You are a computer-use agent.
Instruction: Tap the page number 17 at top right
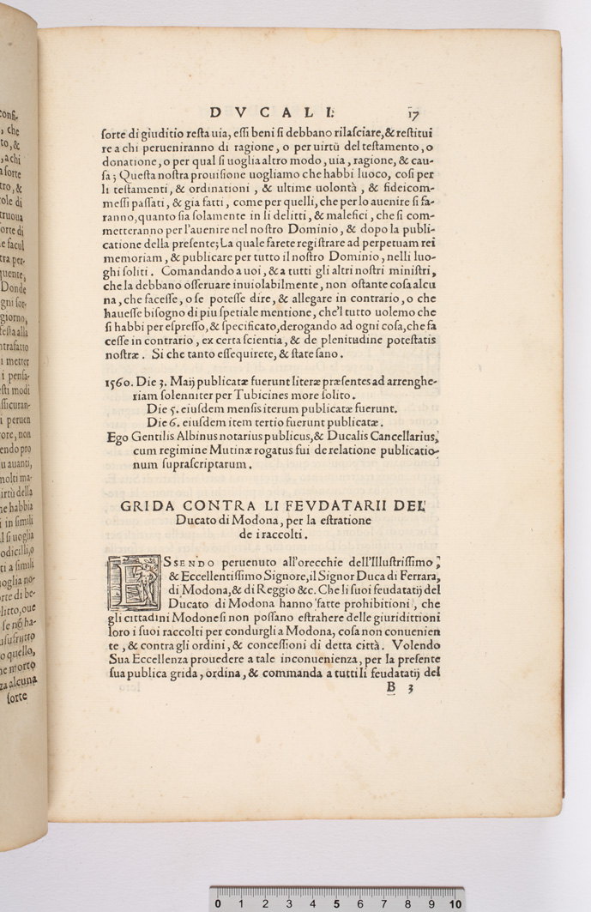(413, 112)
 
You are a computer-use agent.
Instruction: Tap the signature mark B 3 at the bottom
(401, 687)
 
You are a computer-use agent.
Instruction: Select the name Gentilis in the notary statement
(140, 438)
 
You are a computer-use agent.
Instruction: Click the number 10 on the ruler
(455, 903)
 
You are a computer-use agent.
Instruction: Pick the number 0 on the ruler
(219, 903)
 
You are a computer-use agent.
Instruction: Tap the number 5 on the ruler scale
(336, 903)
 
